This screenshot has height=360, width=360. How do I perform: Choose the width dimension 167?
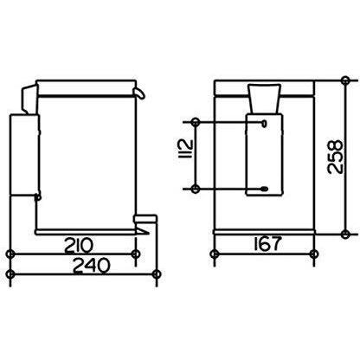pos(260,245)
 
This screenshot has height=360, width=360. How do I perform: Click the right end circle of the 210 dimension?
pos(136,254)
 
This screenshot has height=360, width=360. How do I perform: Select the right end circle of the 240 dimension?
pos(155,276)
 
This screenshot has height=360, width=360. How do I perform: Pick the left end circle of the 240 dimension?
pos(10,276)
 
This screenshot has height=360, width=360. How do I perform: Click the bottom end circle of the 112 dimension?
pos(197,188)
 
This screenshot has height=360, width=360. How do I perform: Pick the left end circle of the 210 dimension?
pos(10,254)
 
